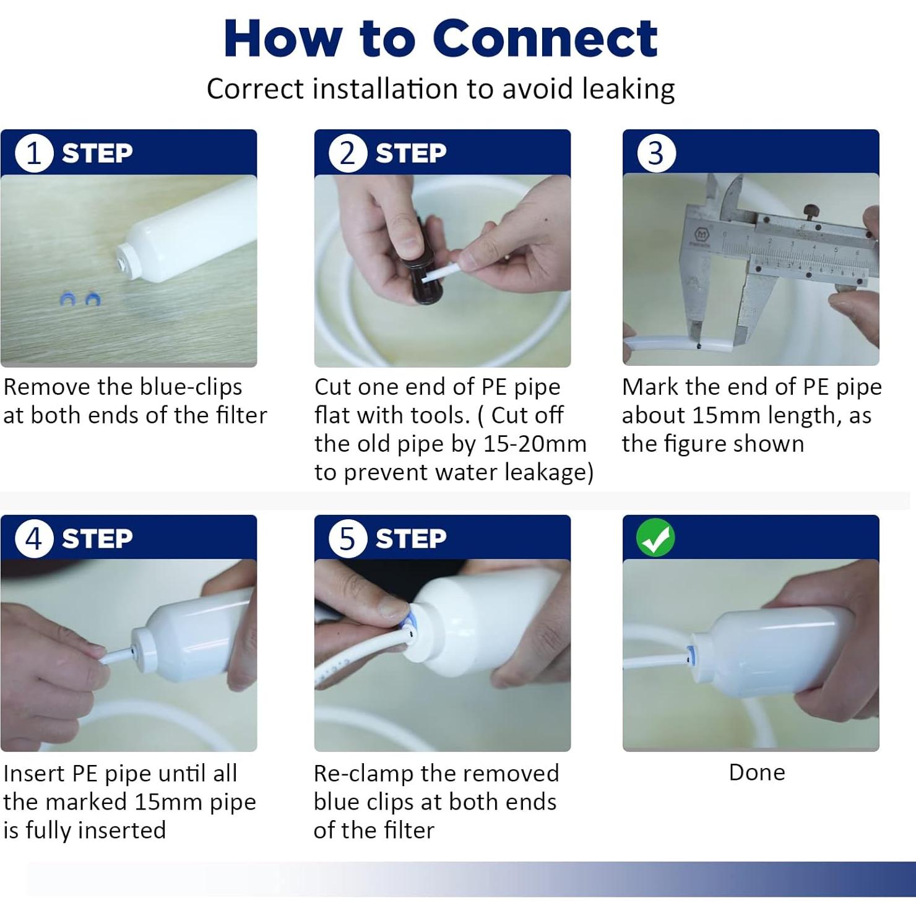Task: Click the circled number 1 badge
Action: click(x=33, y=153)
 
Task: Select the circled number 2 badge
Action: click(x=347, y=153)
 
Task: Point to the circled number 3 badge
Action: click(x=655, y=153)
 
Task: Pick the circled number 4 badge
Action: click(x=33, y=538)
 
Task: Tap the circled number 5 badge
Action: click(x=347, y=538)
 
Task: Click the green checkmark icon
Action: click(x=655, y=538)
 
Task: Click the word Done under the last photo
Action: click(x=756, y=772)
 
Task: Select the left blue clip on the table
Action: click(x=67, y=300)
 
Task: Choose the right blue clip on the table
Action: click(x=93, y=299)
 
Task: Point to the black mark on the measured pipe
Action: click(x=699, y=346)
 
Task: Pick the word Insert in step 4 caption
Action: click(x=34, y=774)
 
